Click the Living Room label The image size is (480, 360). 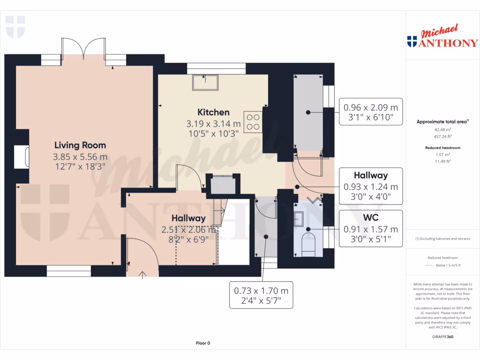(80, 145)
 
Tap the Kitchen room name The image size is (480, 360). (213, 112)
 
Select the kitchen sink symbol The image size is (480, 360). (205, 82)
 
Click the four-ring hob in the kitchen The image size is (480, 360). (253, 121)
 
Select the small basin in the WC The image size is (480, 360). (299, 218)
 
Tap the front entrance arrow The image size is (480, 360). (142, 275)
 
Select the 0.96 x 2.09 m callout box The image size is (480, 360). (370, 111)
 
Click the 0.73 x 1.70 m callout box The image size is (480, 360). (261, 294)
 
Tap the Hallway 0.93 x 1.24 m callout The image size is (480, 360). (370, 186)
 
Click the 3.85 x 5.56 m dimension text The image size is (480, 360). (80, 157)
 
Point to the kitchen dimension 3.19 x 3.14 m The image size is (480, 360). (213, 124)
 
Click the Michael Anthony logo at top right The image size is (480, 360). (442, 37)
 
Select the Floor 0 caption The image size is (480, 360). (202, 343)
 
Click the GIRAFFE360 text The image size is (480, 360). (443, 337)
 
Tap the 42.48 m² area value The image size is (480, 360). (442, 129)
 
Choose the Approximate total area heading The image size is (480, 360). (442, 121)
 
